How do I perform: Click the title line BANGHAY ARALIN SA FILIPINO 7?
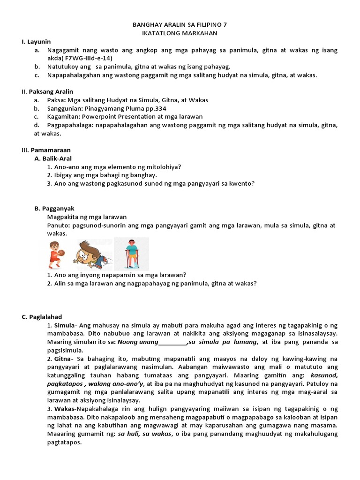point(180,24)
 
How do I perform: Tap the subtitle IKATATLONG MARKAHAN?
point(180,33)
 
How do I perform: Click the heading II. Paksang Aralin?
point(47,91)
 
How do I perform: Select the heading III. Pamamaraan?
point(46,150)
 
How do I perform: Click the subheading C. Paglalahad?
point(45,317)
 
